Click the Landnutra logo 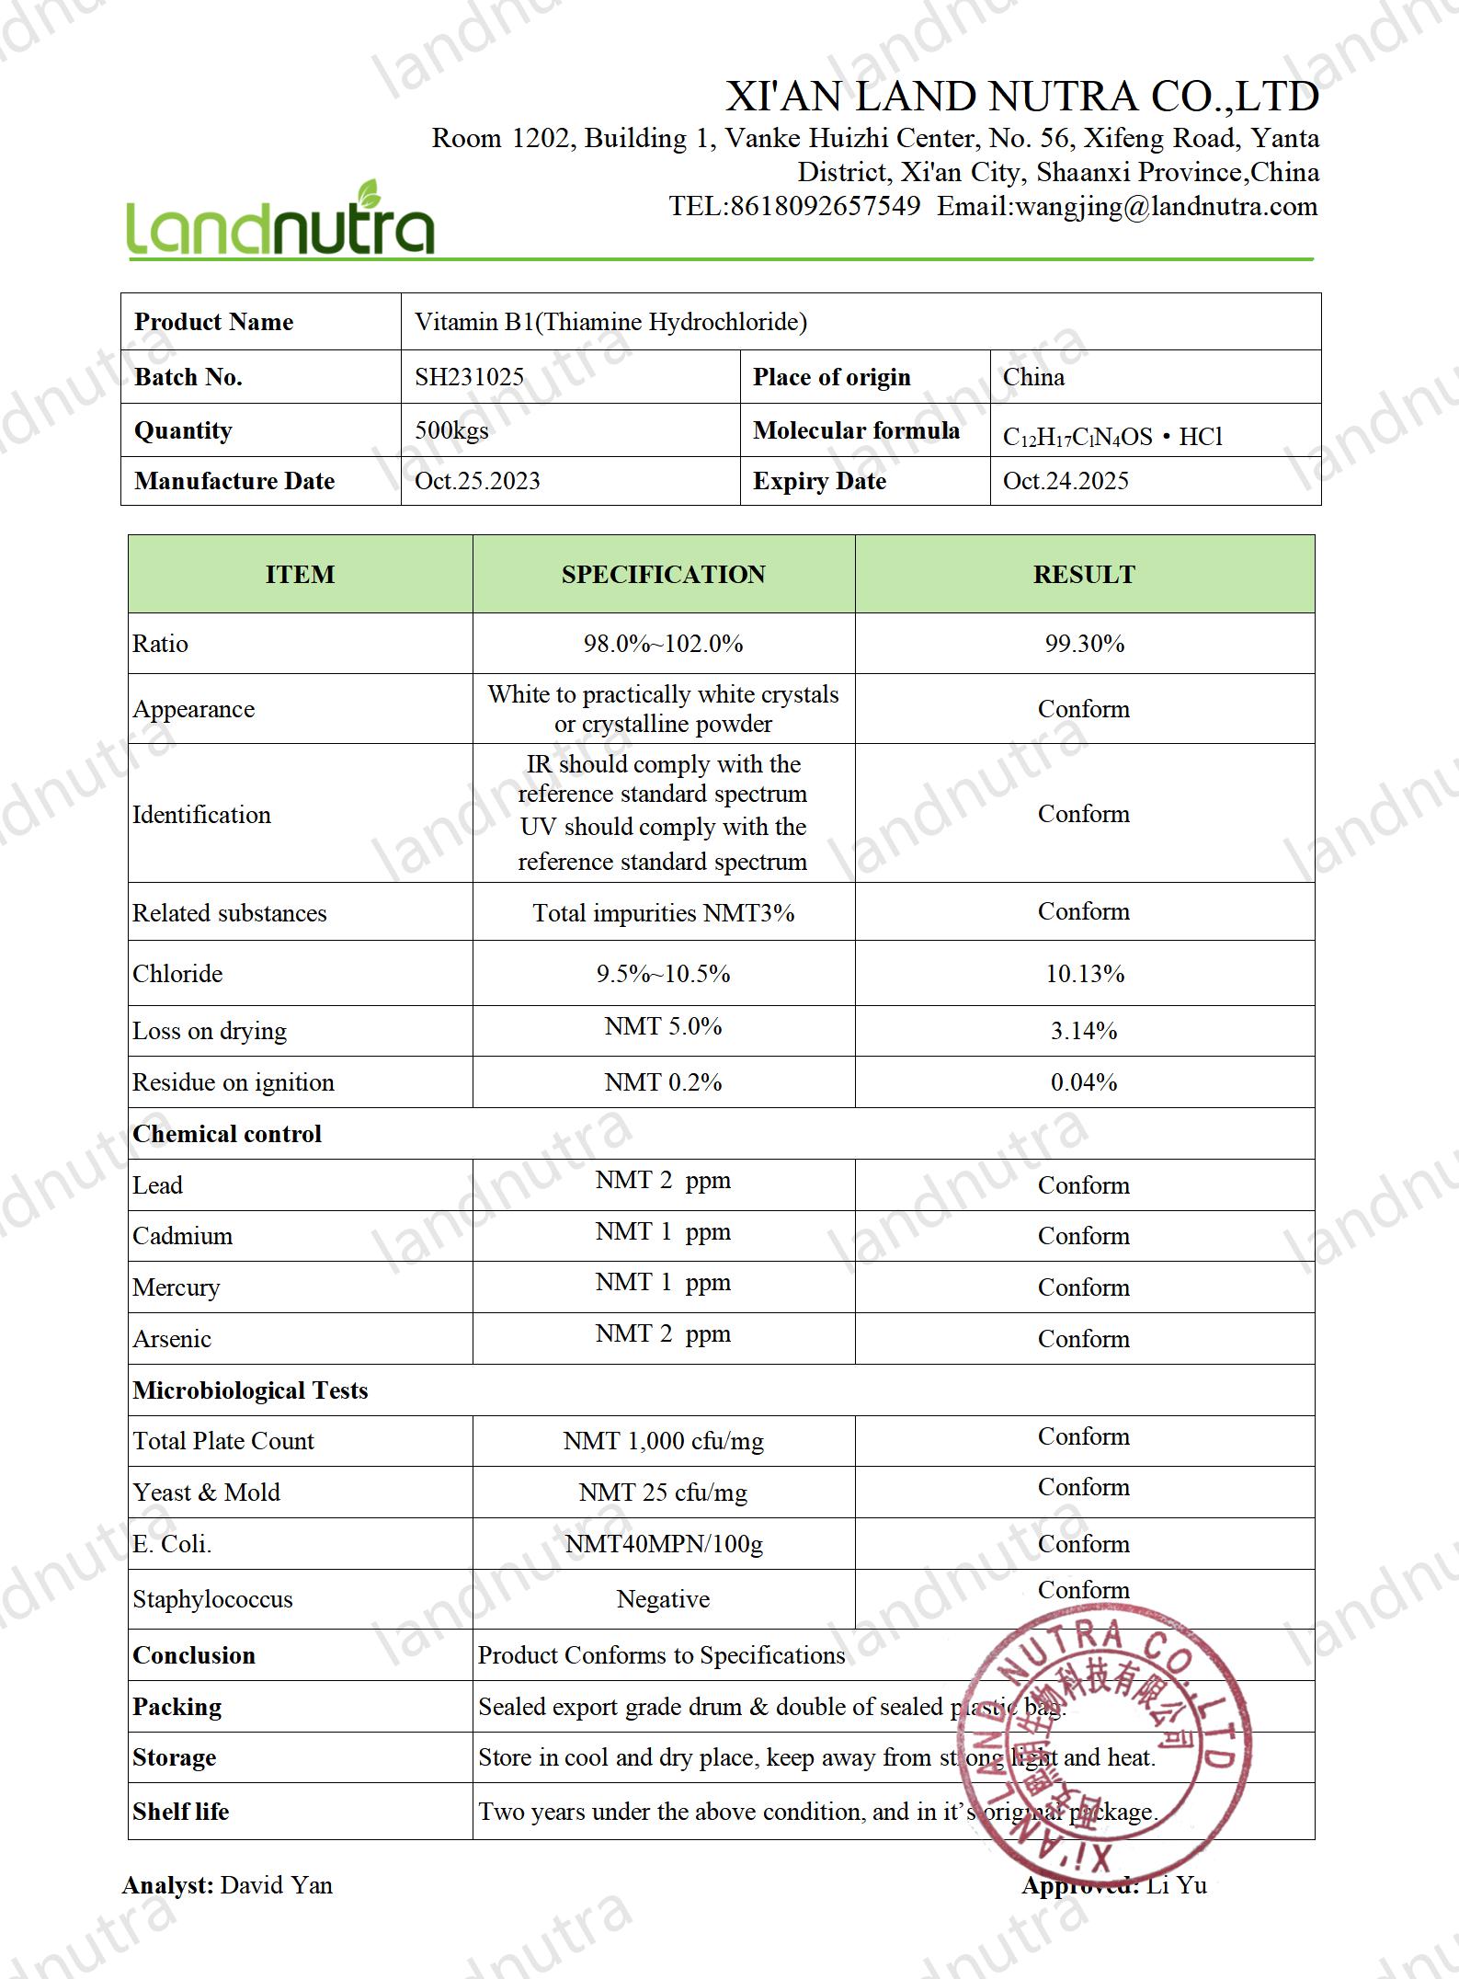coord(279,221)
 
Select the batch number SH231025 coord(469,377)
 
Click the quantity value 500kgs coord(451,430)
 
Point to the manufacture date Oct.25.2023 coord(477,481)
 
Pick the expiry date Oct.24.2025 coord(1066,481)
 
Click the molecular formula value coord(1112,436)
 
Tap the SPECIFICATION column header coord(663,575)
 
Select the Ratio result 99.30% coord(1084,644)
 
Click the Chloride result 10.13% coord(1084,974)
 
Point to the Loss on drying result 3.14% coord(1084,1031)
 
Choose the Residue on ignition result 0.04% coord(1084,1082)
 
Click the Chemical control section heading coord(227,1134)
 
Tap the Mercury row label coord(176,1287)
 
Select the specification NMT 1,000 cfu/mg coord(663,1441)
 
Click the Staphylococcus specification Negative coord(663,1599)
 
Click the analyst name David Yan coord(277,1885)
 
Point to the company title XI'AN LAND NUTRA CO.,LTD coord(1022,97)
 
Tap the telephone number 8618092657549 coord(825,206)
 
